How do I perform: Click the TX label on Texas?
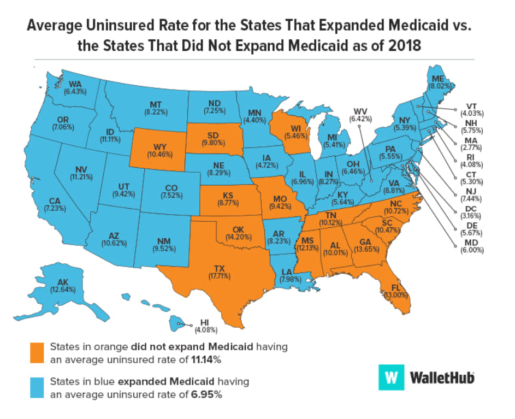tap(219, 268)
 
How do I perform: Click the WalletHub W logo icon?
tap(390, 377)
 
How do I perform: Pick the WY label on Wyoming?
tap(145, 146)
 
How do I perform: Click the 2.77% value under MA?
tap(471, 147)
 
